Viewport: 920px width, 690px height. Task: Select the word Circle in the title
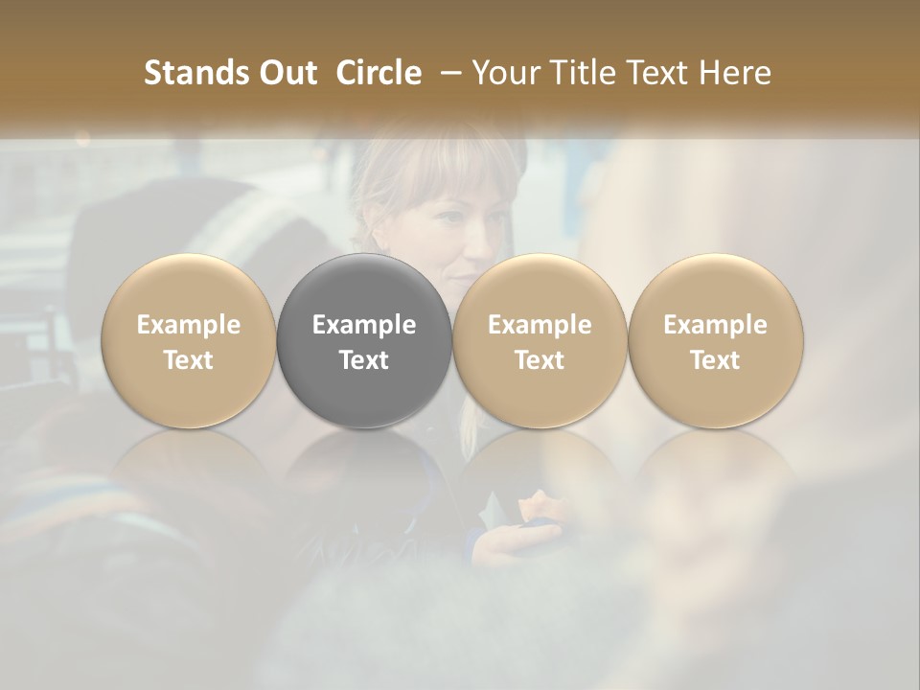pyautogui.click(x=379, y=73)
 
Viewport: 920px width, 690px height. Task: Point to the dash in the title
pyautogui.click(x=446, y=73)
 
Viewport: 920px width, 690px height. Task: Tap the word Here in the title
pyautogui.click(x=735, y=73)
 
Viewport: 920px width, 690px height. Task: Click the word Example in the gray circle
pyautogui.click(x=364, y=325)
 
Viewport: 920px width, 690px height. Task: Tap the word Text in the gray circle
pyautogui.click(x=364, y=359)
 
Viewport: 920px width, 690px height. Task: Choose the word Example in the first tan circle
pyautogui.click(x=189, y=325)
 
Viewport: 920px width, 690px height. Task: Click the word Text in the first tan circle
pyautogui.click(x=189, y=359)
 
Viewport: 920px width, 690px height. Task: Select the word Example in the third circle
pyautogui.click(x=540, y=325)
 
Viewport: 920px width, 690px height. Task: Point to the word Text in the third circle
pyautogui.click(x=540, y=359)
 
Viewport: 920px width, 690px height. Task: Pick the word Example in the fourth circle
pyautogui.click(x=715, y=325)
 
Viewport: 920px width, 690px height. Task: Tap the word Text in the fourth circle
pyautogui.click(x=715, y=359)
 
